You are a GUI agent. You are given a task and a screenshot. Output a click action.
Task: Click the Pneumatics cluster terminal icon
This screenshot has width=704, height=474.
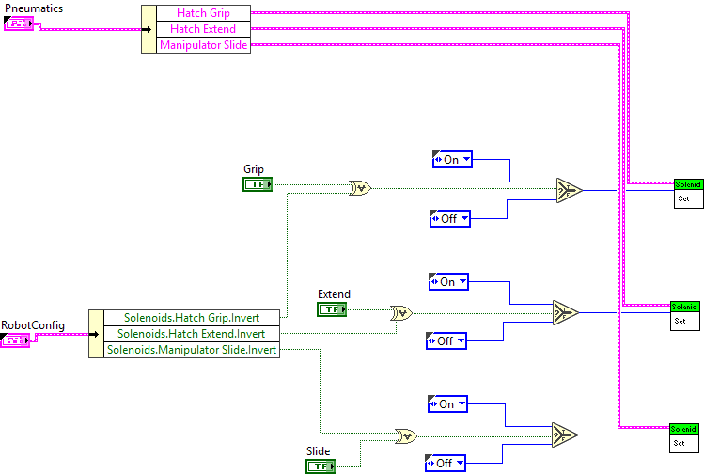19,24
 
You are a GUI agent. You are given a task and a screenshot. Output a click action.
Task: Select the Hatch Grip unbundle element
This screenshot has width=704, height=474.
203,13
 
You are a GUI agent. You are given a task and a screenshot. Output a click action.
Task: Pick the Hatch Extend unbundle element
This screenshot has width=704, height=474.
203,29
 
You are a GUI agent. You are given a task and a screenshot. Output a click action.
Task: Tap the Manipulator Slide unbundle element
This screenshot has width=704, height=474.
203,45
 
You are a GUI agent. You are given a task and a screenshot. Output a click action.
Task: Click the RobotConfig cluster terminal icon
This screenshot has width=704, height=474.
16,339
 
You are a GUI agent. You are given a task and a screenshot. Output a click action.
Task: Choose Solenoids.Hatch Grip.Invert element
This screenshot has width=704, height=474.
191,318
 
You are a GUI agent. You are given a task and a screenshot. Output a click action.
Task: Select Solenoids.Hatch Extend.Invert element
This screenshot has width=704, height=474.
191,334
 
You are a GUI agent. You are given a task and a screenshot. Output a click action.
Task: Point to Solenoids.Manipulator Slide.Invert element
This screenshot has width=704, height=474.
191,350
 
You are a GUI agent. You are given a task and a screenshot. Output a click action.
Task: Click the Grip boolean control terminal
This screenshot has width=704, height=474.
257,184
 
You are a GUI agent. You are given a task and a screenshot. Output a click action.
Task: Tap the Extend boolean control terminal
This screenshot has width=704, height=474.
331,309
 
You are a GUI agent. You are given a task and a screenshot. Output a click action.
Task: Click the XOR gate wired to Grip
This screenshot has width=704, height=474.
359,188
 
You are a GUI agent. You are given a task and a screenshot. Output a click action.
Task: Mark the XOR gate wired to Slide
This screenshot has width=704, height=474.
406,436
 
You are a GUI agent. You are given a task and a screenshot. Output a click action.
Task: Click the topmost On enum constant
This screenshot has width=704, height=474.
452,160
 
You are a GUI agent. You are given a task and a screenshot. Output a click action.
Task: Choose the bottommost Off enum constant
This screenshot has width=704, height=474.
446,463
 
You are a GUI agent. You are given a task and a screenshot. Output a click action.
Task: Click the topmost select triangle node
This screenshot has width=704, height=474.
568,190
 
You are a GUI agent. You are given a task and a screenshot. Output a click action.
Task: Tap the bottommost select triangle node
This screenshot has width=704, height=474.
564,434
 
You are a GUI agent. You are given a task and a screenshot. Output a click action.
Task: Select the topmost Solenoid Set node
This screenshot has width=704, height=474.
688,192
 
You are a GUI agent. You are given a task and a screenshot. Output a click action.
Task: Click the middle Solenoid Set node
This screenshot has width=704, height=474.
684,314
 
